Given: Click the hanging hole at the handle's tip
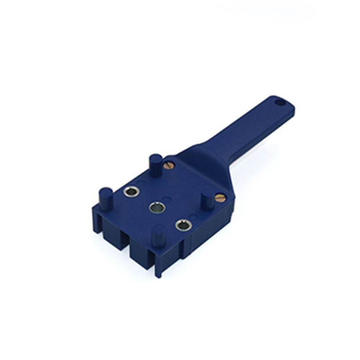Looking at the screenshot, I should tap(280, 103).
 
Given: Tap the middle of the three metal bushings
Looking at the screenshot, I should tap(156, 207).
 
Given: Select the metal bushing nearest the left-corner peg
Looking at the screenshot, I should tap(131, 192).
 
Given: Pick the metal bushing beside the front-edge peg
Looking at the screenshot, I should tap(183, 225).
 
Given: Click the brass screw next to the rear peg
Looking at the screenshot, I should tap(169, 165).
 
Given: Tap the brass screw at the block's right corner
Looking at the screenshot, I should tap(220, 198).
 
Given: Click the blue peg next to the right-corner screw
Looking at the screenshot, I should tap(207, 201).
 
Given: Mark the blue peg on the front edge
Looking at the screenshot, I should tap(158, 235).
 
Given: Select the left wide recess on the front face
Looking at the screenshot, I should tap(115, 236).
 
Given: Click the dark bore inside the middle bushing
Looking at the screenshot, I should tap(156, 208).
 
